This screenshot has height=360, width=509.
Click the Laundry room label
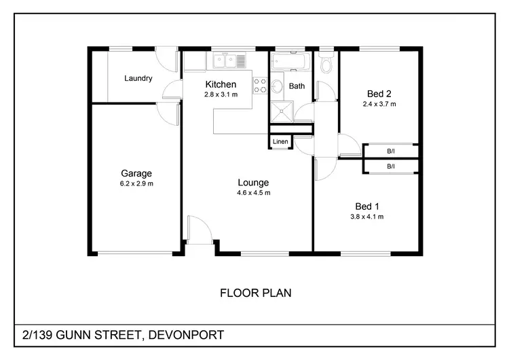pyautogui.click(x=138, y=78)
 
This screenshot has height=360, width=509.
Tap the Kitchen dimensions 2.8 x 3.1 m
pyautogui.click(x=221, y=95)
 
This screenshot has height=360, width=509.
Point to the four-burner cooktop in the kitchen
pyautogui.click(x=261, y=86)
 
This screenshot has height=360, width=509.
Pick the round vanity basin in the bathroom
pyautogui.click(x=277, y=87)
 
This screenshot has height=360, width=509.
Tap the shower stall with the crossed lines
pyautogui.click(x=282, y=113)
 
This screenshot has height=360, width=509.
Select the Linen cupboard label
pyautogui.click(x=280, y=142)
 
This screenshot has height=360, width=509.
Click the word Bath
pyautogui.click(x=297, y=86)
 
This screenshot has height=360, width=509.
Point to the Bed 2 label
pyautogui.click(x=379, y=94)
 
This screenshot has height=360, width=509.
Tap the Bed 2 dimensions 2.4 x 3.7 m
pyautogui.click(x=379, y=105)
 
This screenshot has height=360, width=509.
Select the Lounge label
pyautogui.click(x=253, y=182)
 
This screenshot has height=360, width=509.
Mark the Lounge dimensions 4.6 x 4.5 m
pyautogui.click(x=253, y=193)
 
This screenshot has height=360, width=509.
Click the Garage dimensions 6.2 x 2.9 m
pyautogui.click(x=136, y=184)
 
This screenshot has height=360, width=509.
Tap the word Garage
pyautogui.click(x=136, y=173)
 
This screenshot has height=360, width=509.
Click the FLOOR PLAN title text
pyautogui.click(x=256, y=293)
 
